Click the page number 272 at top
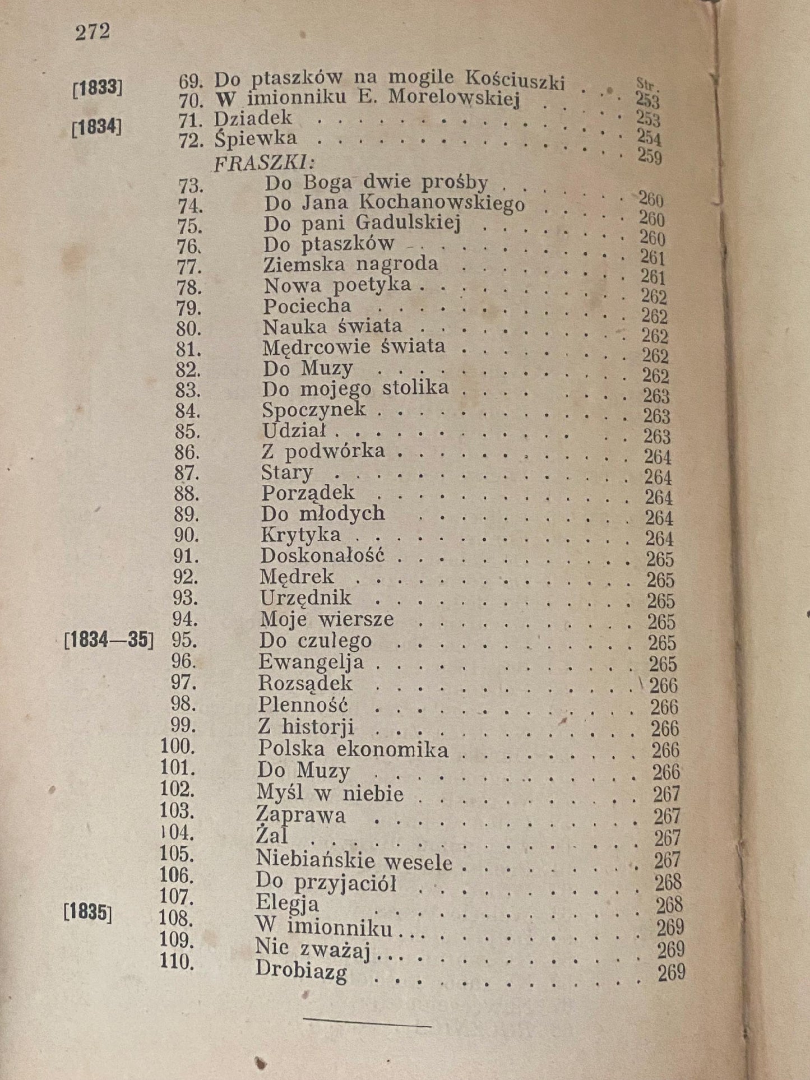tap(92, 32)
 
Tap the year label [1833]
tap(98, 88)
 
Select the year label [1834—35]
tap(109, 640)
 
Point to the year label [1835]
tap(87, 912)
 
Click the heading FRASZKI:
tap(265, 163)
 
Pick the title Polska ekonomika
tap(353, 749)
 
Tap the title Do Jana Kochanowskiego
tap(395, 203)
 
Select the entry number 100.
tap(177, 747)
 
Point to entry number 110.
tap(177, 962)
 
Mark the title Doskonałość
tap(322, 556)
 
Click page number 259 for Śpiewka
tap(650, 156)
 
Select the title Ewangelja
tap(311, 662)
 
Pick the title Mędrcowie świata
tap(354, 347)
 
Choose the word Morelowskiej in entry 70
tap(455, 98)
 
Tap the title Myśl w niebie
tap(330, 792)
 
